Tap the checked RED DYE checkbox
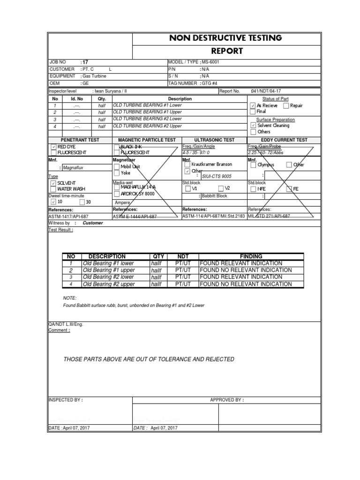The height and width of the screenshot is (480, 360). click(x=53, y=147)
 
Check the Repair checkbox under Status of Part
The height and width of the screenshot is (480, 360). click(x=286, y=105)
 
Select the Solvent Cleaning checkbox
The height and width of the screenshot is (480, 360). click(x=253, y=126)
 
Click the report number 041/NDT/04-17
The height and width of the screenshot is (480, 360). click(x=266, y=91)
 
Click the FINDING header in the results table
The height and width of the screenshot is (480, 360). click(x=251, y=256)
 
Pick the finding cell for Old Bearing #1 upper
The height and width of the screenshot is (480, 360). click(x=245, y=270)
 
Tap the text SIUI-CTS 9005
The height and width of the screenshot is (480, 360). click(x=217, y=176)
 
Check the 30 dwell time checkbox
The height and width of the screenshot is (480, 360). click(x=82, y=202)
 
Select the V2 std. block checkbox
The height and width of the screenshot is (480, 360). click(x=220, y=188)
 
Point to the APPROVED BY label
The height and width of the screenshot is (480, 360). click(x=227, y=400)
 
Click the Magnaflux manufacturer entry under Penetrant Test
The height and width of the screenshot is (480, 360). click(x=76, y=167)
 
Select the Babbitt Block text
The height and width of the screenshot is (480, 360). click(x=214, y=196)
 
